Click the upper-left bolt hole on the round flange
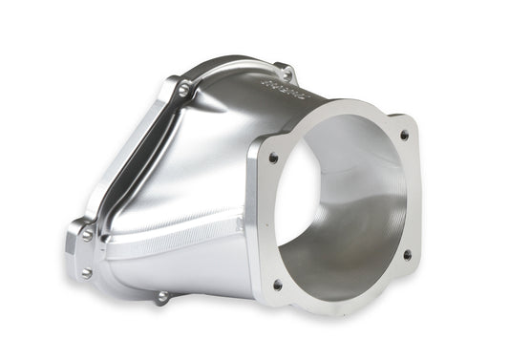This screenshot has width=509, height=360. (x=274, y=159)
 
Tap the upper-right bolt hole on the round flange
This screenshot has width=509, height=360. (x=404, y=136)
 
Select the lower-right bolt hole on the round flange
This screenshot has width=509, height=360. (x=407, y=255)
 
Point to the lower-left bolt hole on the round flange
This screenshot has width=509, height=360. (x=278, y=285)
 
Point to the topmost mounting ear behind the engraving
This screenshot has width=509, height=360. (x=285, y=70)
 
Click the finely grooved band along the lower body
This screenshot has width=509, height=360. (x=172, y=244)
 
